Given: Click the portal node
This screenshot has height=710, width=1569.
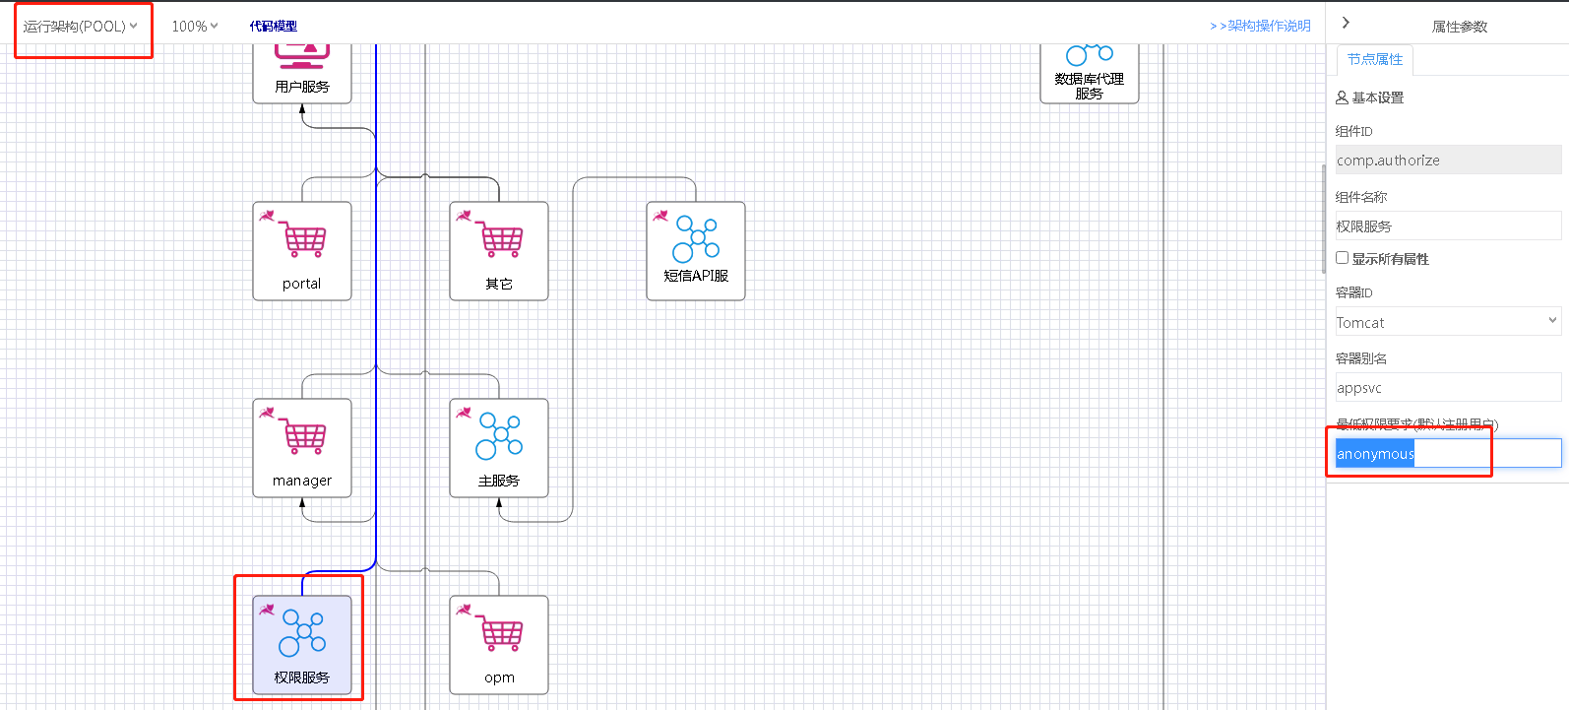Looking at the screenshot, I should click(302, 250).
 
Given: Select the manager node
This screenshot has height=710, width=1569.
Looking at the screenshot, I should click(302, 447).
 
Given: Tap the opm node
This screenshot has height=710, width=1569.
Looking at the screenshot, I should click(499, 644).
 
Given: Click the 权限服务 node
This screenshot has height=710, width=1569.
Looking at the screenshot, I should click(302, 644).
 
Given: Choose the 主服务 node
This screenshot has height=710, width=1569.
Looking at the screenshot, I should click(499, 447).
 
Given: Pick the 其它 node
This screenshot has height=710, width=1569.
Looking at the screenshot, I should click(499, 250).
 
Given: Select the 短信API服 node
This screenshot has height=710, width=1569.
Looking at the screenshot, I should click(696, 250).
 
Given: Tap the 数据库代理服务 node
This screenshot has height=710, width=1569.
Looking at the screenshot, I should click(1090, 74).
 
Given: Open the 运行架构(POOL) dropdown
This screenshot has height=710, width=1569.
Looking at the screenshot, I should click(81, 27).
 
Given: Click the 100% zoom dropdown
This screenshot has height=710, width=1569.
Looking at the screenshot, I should click(195, 27).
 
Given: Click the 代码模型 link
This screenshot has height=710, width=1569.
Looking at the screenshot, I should click(274, 27).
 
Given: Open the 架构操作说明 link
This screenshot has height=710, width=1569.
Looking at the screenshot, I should click(1261, 27).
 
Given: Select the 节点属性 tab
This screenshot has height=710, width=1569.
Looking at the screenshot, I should click(1375, 60).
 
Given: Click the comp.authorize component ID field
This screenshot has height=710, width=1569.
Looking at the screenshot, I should click(1447, 161).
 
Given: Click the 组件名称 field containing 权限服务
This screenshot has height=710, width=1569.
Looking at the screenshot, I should click(1447, 226).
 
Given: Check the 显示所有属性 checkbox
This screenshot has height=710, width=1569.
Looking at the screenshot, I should click(1342, 258).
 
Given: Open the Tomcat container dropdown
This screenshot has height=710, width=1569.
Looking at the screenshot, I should click(1447, 322).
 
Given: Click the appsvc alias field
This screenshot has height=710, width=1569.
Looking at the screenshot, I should click(1447, 388).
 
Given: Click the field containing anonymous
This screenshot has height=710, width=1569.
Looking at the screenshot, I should click(1447, 454).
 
